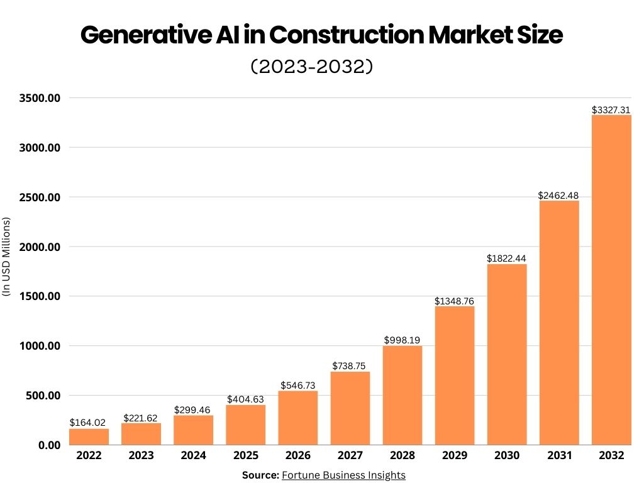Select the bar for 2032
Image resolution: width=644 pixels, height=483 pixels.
click(x=611, y=280)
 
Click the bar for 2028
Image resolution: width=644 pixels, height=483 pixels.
click(x=402, y=395)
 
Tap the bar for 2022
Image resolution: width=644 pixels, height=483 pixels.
click(x=89, y=436)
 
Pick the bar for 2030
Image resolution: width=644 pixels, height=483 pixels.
click(x=507, y=354)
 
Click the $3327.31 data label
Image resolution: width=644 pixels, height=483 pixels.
click(x=611, y=109)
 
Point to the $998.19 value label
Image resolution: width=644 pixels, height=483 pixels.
click(x=402, y=340)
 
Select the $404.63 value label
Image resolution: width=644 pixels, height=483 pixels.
click(x=246, y=399)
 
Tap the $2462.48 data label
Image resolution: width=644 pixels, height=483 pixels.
click(x=558, y=196)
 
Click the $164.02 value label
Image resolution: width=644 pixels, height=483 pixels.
click(x=89, y=423)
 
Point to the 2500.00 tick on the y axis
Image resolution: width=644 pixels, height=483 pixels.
click(x=38, y=197)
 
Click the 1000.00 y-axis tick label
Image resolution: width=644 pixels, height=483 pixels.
click(x=38, y=346)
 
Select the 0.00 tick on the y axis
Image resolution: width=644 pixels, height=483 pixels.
click(x=48, y=445)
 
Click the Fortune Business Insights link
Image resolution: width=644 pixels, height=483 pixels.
click(x=343, y=475)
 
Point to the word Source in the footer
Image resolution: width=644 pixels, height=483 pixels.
click(x=260, y=475)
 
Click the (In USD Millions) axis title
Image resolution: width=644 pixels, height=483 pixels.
click(x=7, y=257)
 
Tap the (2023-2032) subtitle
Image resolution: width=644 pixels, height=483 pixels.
click(x=312, y=67)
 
